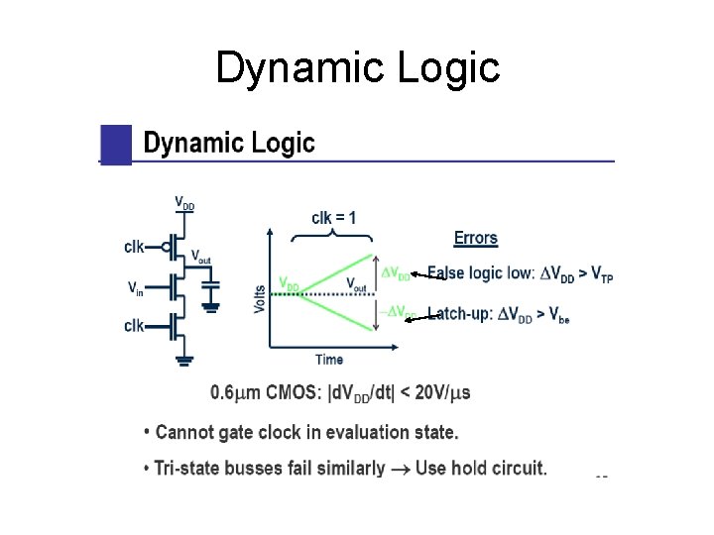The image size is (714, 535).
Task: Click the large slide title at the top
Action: pyautogui.click(x=357, y=68)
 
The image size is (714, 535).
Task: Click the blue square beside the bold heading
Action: pyautogui.click(x=116, y=144)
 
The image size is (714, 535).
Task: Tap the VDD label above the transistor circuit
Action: pyautogui.click(x=184, y=203)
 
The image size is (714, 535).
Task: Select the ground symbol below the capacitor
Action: pyautogui.click(x=210, y=306)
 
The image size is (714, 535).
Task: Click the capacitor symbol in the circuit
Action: pyautogui.click(x=210, y=288)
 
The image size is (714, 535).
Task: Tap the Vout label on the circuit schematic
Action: pyautogui.click(x=201, y=255)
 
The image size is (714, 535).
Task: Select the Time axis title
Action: pyautogui.click(x=329, y=359)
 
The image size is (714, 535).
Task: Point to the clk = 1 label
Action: pyautogui.click(x=334, y=217)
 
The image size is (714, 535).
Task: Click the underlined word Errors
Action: pyautogui.click(x=476, y=238)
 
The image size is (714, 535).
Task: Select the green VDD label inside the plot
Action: pyautogui.click(x=289, y=283)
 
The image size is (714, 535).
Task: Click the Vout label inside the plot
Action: pyautogui.click(x=355, y=283)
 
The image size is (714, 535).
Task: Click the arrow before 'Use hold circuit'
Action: pyautogui.click(x=400, y=468)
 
